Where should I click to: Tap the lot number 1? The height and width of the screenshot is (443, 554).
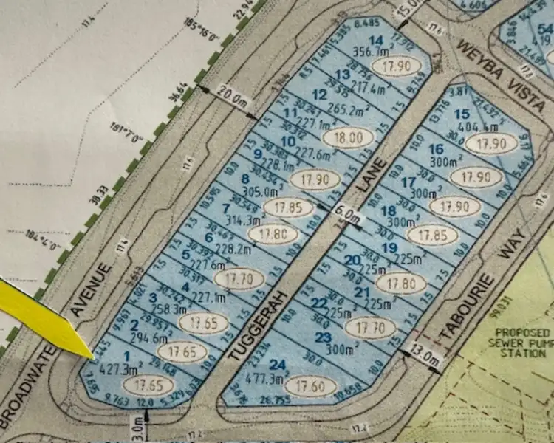click(x=126, y=357)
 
